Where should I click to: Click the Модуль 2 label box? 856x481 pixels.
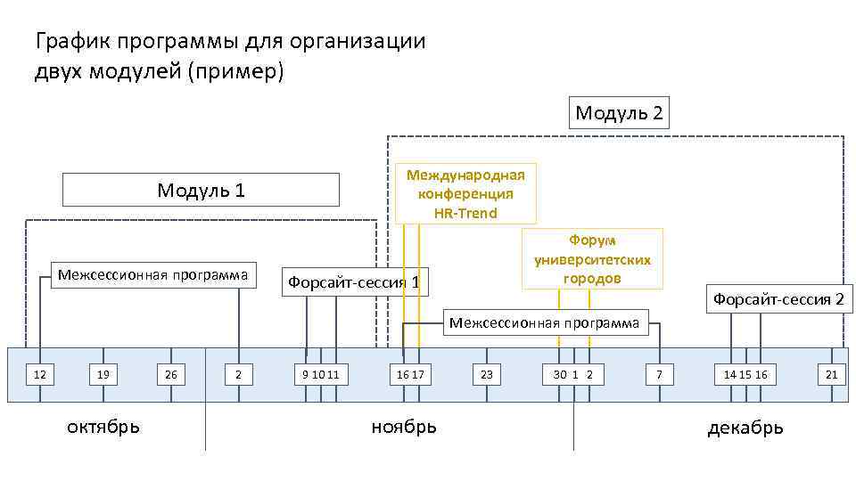pos(619,113)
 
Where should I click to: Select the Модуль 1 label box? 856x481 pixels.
pos(201,190)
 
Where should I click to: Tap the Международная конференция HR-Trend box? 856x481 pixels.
pos(465,192)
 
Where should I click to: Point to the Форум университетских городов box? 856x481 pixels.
pos(592,258)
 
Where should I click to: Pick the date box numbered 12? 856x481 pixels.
pos(40,375)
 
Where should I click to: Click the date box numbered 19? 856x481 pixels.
pos(104,375)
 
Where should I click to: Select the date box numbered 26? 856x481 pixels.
pos(170,375)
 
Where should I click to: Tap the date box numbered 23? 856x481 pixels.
pos(487,375)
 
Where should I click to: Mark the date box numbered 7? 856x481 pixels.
pos(659,375)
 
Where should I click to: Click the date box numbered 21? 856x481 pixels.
pos(831,375)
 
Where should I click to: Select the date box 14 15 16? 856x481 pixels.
pos(745,375)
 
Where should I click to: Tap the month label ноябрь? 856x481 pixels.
pos(404,427)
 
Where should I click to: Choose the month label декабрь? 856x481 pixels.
pos(745,428)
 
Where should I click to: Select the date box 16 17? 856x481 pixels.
pos(409,375)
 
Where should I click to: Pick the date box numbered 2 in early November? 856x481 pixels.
pos(238,375)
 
